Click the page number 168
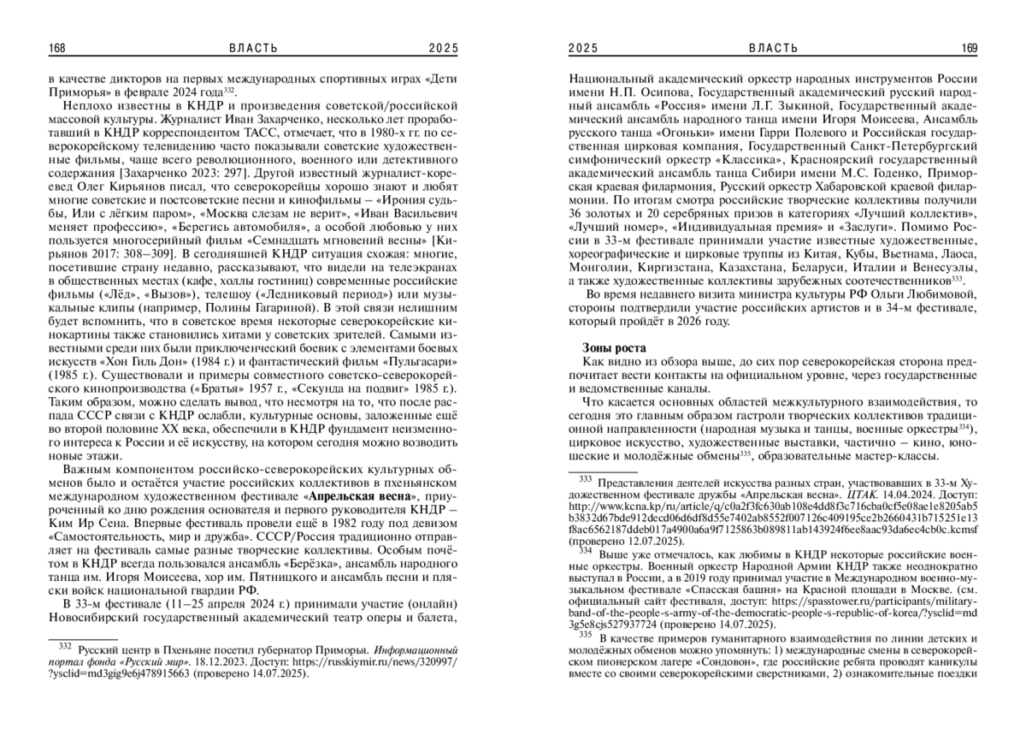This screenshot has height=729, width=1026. [x=57, y=48]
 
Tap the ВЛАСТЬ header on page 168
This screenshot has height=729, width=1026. [x=253, y=48]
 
